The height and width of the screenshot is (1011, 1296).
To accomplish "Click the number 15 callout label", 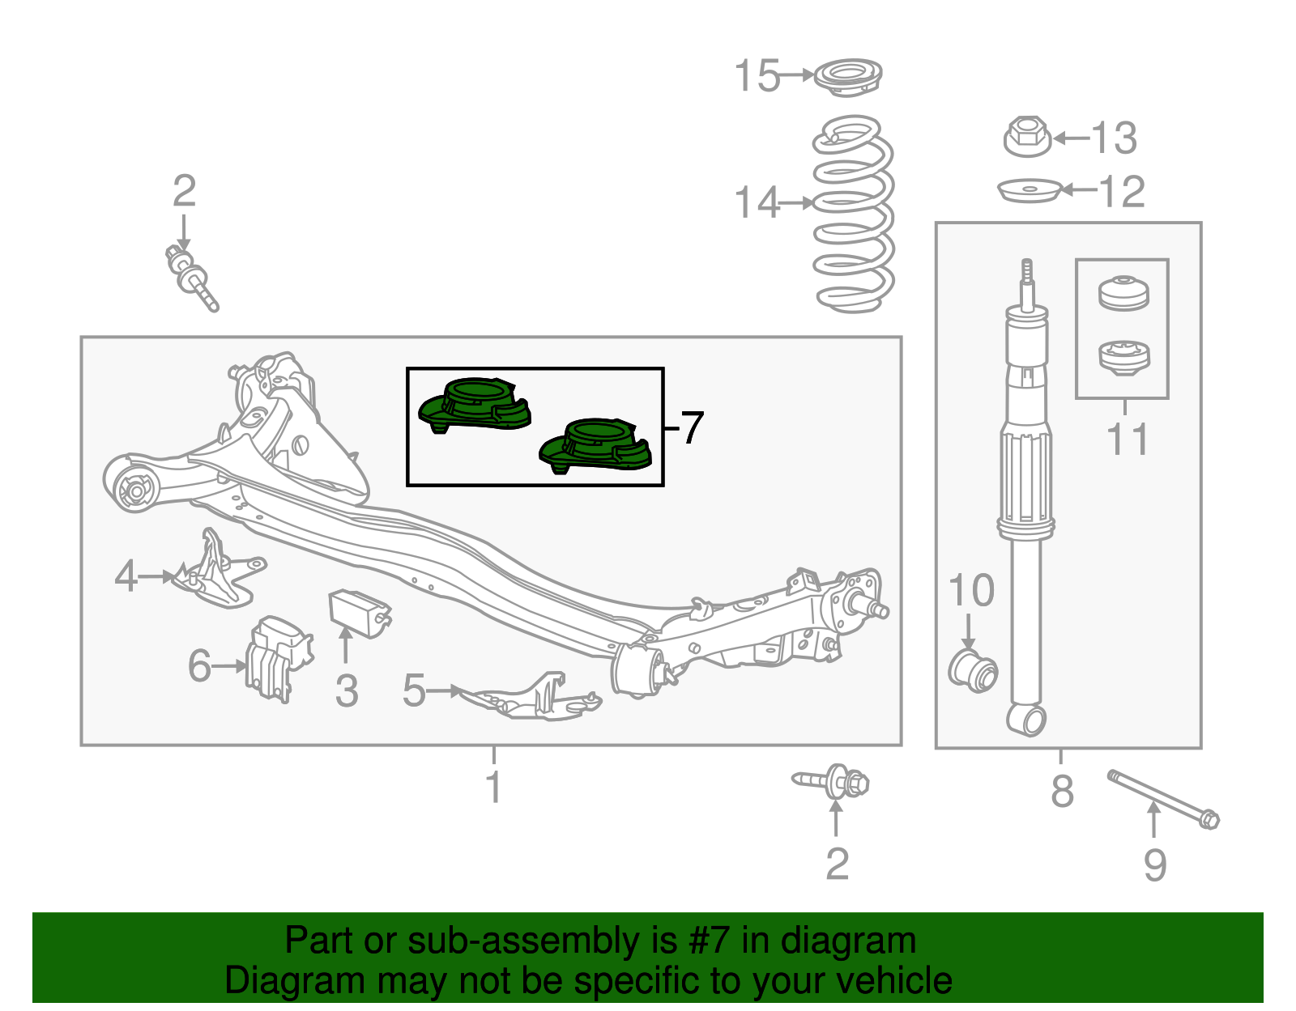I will pos(756,76).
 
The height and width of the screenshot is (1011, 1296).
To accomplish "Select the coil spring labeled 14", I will pos(853,215).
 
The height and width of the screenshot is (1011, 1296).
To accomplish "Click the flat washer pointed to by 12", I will pos(1029,191).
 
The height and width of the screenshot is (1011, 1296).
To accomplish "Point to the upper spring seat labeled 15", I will pos(847,77).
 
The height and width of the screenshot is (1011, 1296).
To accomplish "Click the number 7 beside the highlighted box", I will pos(691,427).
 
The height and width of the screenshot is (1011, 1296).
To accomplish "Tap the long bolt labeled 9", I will pos(1162,798).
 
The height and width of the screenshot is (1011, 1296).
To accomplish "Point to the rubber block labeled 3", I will pos(358,613).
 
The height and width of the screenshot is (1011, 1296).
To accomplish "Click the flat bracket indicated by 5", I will pos(531,697).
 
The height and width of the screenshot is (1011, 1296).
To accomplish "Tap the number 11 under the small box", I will pos(1127,440).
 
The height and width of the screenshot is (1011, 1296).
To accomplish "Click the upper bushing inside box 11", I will pos(1123,292).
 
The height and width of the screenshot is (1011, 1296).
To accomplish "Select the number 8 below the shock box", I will pos(1062,791).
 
